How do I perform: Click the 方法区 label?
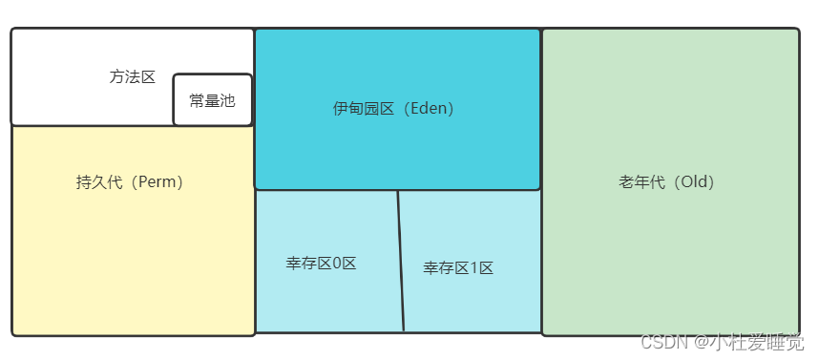tap(132, 77)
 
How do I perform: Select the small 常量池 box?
tap(212, 99)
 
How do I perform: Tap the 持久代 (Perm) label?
tap(129, 182)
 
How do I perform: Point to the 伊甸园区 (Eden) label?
tap(393, 108)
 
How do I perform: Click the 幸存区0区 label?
tap(321, 264)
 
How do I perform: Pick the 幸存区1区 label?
tap(458, 267)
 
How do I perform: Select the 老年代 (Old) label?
tap(666, 181)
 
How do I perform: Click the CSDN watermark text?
tap(664, 341)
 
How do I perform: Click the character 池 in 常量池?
tap(227, 100)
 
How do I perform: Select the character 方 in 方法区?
tap(116, 77)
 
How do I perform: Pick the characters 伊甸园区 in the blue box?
tap(364, 108)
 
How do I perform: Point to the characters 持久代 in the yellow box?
tap(99, 182)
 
